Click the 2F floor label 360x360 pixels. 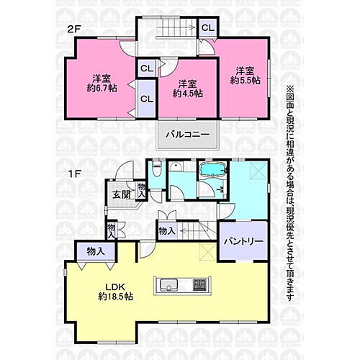point(73,30)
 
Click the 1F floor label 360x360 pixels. point(74,174)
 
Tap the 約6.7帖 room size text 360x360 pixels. point(102,89)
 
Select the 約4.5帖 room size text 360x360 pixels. point(188,94)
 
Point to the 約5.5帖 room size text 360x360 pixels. point(245,80)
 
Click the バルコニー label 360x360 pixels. point(188,135)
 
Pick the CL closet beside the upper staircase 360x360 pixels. point(208,28)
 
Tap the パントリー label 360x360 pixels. point(243,241)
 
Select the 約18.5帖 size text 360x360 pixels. point(115,297)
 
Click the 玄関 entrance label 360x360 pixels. point(122,195)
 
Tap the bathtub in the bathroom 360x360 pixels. point(213,170)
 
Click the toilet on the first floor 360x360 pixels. point(157,169)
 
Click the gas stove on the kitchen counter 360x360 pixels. point(199,285)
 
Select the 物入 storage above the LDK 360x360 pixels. point(96,251)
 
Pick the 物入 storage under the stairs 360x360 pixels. point(167,231)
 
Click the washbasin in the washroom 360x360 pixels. point(175,166)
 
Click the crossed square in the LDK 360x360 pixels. point(207,252)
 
